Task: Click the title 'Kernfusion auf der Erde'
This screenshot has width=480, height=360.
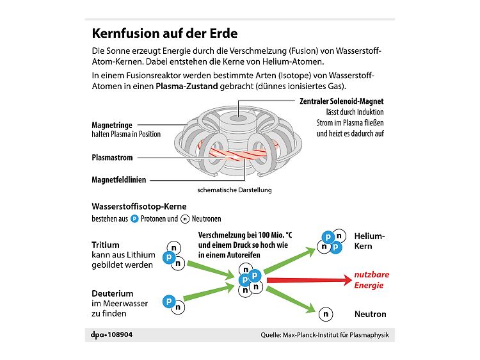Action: pyautogui.click(x=164, y=33)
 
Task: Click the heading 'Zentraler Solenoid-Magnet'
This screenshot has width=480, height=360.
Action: pyautogui.click(x=342, y=101)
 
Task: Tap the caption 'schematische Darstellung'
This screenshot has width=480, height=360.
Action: pyautogui.click(x=235, y=190)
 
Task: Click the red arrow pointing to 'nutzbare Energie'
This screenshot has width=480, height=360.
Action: pyautogui.click(x=307, y=280)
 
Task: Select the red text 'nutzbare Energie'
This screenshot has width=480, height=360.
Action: pyautogui.click(x=372, y=280)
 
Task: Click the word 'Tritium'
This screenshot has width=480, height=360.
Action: pyautogui.click(x=106, y=245)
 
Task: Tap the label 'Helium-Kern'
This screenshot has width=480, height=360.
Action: pyautogui.click(x=370, y=241)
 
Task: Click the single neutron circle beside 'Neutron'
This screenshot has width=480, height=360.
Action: pyautogui.click(x=326, y=314)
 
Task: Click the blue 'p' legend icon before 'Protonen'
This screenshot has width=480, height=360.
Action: pyautogui.click(x=134, y=218)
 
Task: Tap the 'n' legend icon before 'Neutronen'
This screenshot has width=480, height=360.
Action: pyautogui.click(x=186, y=218)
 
